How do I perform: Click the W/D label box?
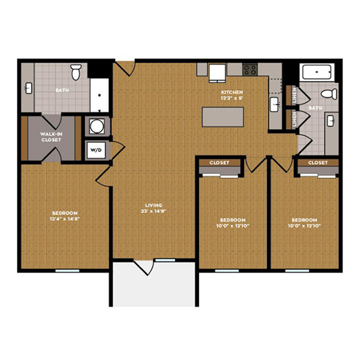[x=96, y=150]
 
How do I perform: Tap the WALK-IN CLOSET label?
[x=51, y=137]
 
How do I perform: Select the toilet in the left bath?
[x=76, y=72]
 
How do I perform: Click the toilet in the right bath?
[x=329, y=94]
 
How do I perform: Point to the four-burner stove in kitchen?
[x=250, y=70]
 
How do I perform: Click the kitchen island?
[x=223, y=117]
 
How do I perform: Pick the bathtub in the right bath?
[x=317, y=72]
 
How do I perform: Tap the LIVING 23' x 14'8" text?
[x=154, y=208]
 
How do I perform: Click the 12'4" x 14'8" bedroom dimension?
[x=65, y=219]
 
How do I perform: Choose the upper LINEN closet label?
[x=294, y=95]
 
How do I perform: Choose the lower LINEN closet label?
[x=294, y=119]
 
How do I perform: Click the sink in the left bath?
[x=29, y=88]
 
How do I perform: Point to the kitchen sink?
[x=274, y=104]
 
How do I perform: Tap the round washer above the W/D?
[x=96, y=126]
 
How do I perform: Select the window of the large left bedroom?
[x=67, y=271]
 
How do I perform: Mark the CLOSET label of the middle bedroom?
[x=219, y=162]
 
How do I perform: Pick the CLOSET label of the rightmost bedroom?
[x=318, y=162]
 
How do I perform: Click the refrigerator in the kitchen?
[x=217, y=73]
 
